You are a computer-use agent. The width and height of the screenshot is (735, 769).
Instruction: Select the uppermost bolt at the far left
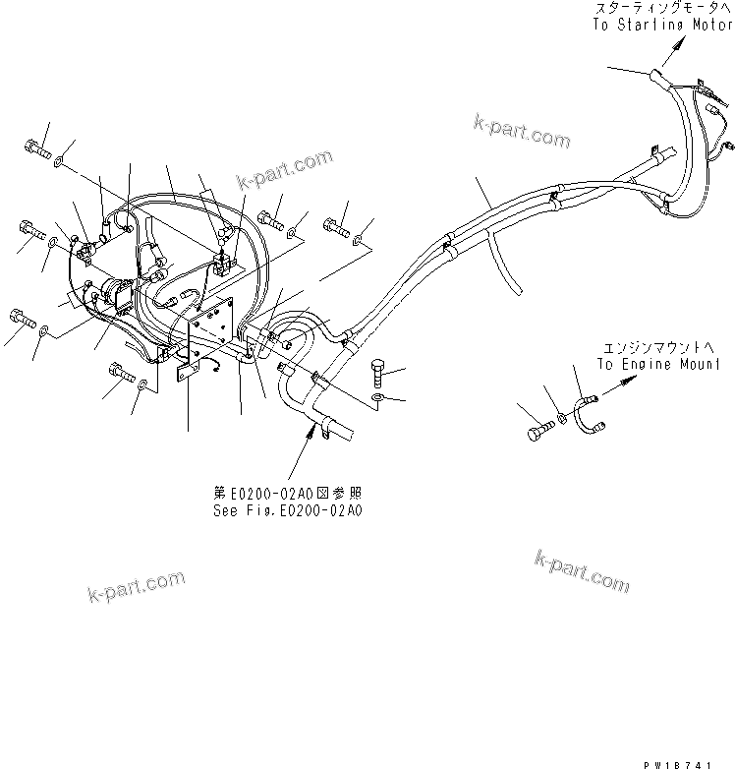pyautogui.click(x=34, y=148)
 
